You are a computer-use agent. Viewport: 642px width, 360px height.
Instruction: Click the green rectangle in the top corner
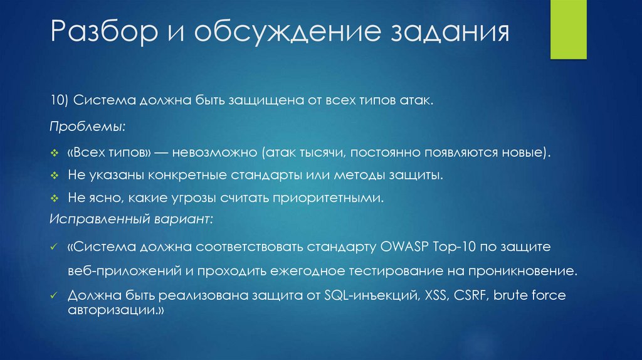click(568, 29)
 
